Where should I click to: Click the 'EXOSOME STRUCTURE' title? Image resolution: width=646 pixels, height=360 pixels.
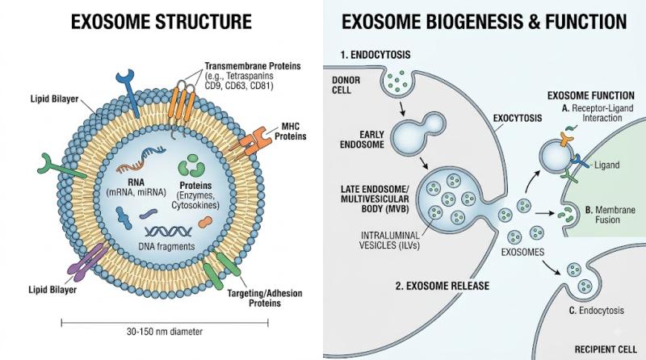[161, 22]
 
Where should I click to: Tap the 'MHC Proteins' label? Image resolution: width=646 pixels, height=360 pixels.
[291, 132]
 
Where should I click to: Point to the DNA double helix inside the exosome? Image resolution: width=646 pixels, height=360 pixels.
[168, 232]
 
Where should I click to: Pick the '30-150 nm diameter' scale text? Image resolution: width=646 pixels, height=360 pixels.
[165, 332]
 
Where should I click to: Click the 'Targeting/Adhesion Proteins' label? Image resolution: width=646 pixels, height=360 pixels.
[265, 298]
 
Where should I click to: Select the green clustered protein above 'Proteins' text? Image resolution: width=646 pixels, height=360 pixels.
[191, 165]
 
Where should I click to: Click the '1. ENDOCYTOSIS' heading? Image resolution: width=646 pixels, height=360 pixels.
[375, 54]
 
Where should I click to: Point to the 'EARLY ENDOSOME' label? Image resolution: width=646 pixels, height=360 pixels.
[362, 139]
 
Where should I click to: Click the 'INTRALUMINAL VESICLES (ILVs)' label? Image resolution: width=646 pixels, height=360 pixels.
[390, 241]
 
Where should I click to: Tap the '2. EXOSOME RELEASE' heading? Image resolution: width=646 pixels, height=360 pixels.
[443, 286]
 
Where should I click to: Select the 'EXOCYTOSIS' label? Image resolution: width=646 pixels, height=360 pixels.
[518, 118]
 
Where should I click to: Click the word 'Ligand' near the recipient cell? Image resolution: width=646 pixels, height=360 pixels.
[607, 165]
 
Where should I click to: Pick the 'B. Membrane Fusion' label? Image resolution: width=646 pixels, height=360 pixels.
[610, 215]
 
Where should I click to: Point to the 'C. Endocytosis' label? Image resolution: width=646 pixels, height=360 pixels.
[596, 310]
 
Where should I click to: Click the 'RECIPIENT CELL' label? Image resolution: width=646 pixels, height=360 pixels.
[606, 350]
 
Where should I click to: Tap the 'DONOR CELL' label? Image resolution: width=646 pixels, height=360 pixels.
[346, 85]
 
